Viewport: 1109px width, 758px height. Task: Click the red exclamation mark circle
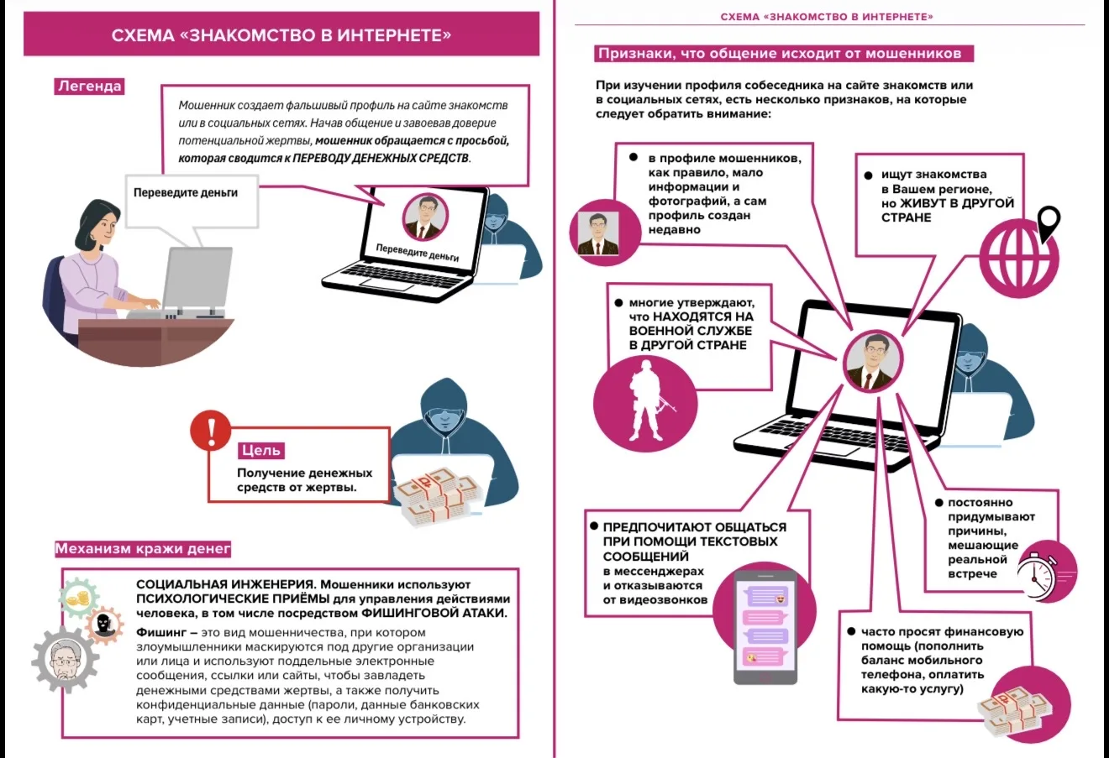pos(211,431)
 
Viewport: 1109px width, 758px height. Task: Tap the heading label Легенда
pos(89,86)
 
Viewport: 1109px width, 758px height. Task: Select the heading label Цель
pos(261,450)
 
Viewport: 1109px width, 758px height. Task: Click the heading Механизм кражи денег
pos(143,549)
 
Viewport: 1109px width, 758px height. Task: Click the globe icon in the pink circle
pos(1019,259)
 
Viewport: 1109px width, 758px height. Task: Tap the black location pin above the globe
pos(1049,223)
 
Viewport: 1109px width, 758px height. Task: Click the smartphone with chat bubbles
pos(765,627)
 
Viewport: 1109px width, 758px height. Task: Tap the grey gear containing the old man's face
pos(66,660)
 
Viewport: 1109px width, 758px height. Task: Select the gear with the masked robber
pos(104,625)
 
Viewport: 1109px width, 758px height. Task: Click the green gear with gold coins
pos(79,598)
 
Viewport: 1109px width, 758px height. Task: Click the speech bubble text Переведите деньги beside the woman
pos(186,192)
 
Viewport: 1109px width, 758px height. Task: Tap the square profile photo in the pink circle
pos(598,233)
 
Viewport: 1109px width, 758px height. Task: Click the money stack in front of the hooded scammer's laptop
pos(439,496)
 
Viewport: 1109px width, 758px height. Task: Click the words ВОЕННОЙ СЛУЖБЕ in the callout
pos(691,331)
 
